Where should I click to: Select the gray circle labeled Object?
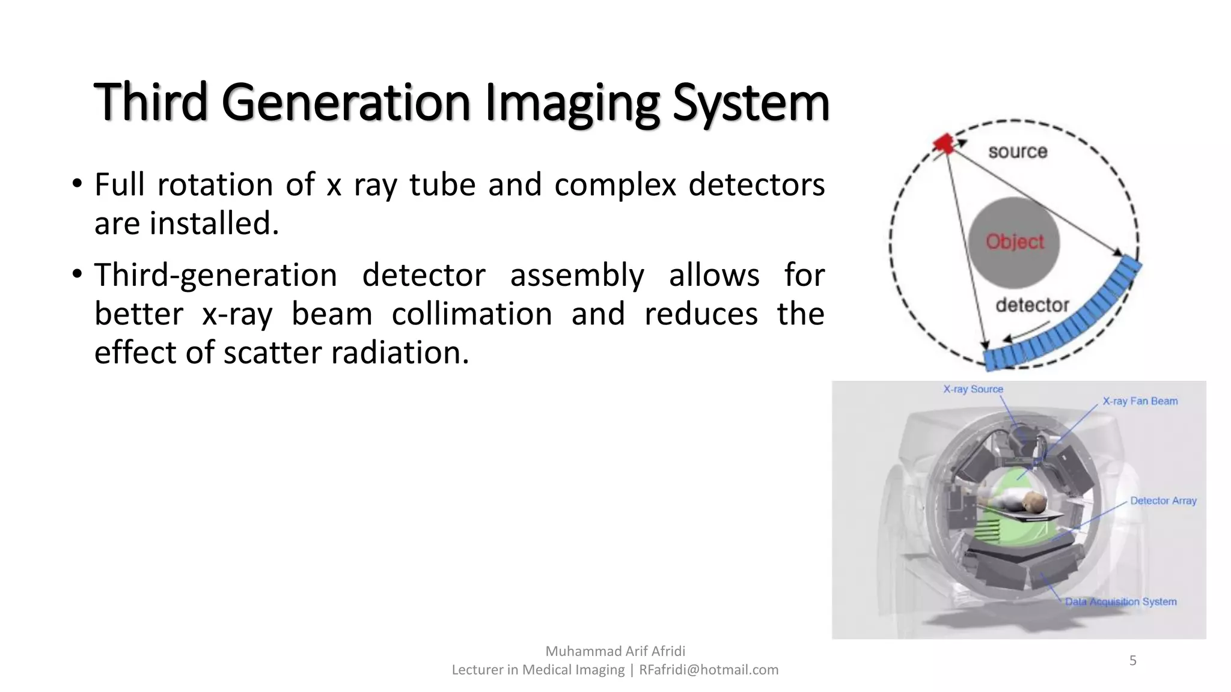(x=1014, y=242)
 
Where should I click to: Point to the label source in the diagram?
(x=1018, y=151)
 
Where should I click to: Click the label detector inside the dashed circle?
(x=1032, y=305)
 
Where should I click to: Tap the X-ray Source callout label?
(x=973, y=389)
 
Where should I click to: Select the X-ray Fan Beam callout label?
(x=1140, y=401)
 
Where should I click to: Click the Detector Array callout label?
(x=1163, y=501)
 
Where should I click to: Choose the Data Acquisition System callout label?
(x=1120, y=602)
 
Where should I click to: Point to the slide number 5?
(x=1132, y=661)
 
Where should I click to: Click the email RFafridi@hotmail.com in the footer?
(x=708, y=670)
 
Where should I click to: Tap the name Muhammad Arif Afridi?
(x=615, y=651)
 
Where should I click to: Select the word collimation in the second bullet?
(x=471, y=314)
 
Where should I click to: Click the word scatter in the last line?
(x=272, y=353)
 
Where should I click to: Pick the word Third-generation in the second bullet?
(x=215, y=275)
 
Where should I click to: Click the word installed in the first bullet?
(x=213, y=223)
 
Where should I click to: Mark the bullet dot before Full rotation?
(x=76, y=184)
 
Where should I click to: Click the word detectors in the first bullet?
(x=756, y=184)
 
